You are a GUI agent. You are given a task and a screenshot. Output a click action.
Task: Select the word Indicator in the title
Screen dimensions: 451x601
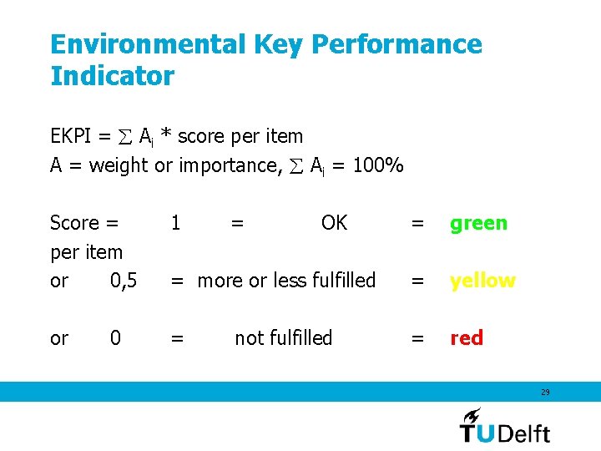(x=112, y=76)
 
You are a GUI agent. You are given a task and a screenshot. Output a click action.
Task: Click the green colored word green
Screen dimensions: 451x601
(x=478, y=223)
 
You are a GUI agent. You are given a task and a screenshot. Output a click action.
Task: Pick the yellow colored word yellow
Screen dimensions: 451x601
(x=482, y=281)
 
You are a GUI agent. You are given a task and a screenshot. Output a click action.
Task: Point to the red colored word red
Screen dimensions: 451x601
(x=467, y=337)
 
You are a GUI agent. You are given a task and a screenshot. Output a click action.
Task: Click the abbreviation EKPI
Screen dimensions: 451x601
(x=70, y=136)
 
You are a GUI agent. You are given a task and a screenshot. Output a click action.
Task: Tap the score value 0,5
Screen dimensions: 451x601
(x=124, y=281)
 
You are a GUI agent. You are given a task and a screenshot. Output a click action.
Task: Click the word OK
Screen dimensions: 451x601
(x=334, y=223)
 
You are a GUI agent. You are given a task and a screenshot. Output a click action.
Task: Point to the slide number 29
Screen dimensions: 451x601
(x=545, y=392)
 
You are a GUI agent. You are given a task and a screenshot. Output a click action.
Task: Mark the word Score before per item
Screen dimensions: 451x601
(x=75, y=223)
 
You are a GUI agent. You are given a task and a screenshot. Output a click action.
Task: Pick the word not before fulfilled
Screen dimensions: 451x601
(x=249, y=337)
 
